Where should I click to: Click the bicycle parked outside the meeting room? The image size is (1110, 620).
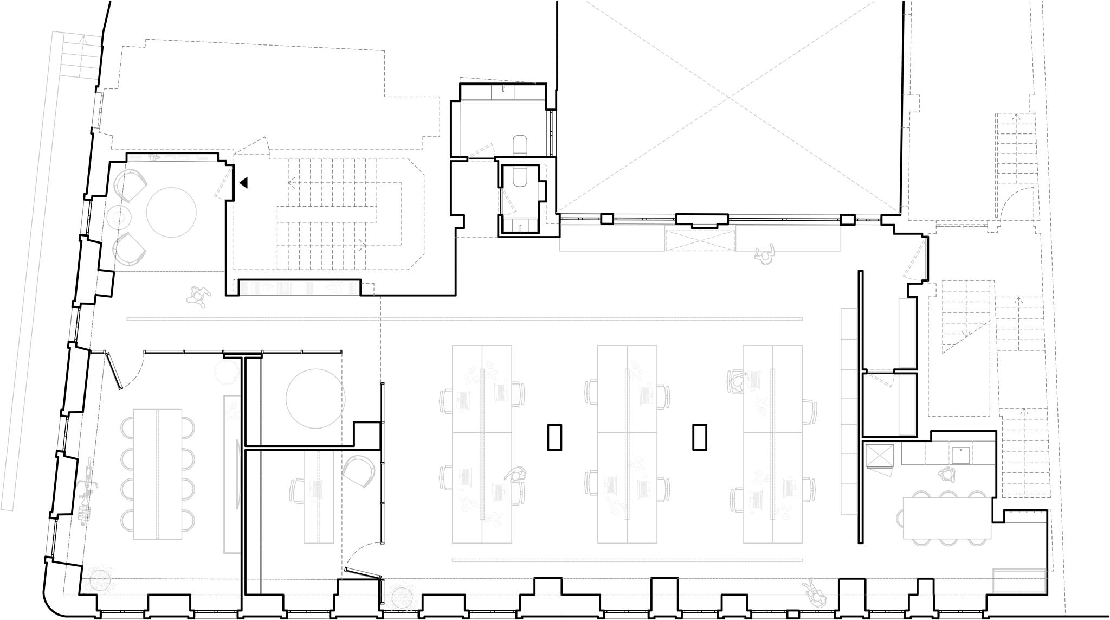pyautogui.click(x=85, y=493)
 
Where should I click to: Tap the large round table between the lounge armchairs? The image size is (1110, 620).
pyautogui.click(x=171, y=212)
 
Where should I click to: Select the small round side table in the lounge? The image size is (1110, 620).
pyautogui.click(x=119, y=218)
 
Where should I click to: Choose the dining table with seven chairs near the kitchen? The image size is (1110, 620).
pyautogui.click(x=947, y=517)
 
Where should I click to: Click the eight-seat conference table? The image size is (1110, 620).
pyautogui.click(x=157, y=474)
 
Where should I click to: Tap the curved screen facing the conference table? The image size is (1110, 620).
pyautogui.click(x=238, y=474)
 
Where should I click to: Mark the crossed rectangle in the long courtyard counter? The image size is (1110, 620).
pyautogui.click(x=700, y=240)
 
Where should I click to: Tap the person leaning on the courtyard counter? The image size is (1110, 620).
pyautogui.click(x=765, y=255)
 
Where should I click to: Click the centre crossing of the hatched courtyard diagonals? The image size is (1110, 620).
pyautogui.click(x=727, y=99)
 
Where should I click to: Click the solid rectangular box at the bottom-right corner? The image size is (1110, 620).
pyautogui.click(x=1019, y=580)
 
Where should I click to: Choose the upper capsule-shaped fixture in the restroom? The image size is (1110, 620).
pyautogui.click(x=520, y=146)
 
